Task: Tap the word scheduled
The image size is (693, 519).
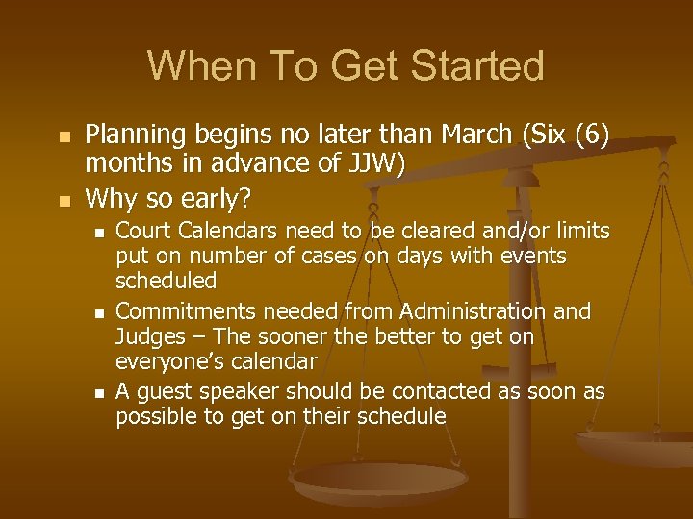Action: point(166,281)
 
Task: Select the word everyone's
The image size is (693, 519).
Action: point(165,362)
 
